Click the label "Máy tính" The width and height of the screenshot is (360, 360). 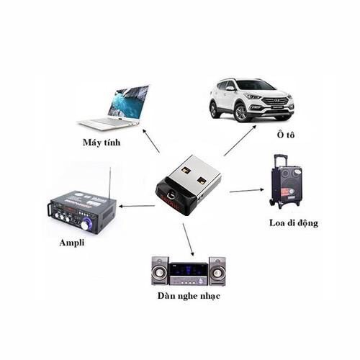point(102,143)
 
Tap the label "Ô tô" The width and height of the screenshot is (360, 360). point(286,135)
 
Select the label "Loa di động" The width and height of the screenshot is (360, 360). point(294,223)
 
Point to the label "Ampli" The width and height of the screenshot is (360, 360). point(72,243)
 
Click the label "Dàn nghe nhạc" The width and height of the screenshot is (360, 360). point(189,296)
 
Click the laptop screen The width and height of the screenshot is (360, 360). point(128,103)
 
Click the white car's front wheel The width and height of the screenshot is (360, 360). point(241,113)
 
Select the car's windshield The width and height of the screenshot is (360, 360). point(254,86)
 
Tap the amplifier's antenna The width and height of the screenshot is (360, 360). point(110,183)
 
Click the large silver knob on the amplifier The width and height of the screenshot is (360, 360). point(85,225)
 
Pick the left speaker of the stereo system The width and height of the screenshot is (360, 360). point(160,271)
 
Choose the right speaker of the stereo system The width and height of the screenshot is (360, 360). point(217,271)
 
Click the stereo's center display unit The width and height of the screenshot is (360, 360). point(189,274)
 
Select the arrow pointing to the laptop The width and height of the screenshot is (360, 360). point(151,140)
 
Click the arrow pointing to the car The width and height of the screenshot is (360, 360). point(240,140)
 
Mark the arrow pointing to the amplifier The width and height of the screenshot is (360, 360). point(137,206)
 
